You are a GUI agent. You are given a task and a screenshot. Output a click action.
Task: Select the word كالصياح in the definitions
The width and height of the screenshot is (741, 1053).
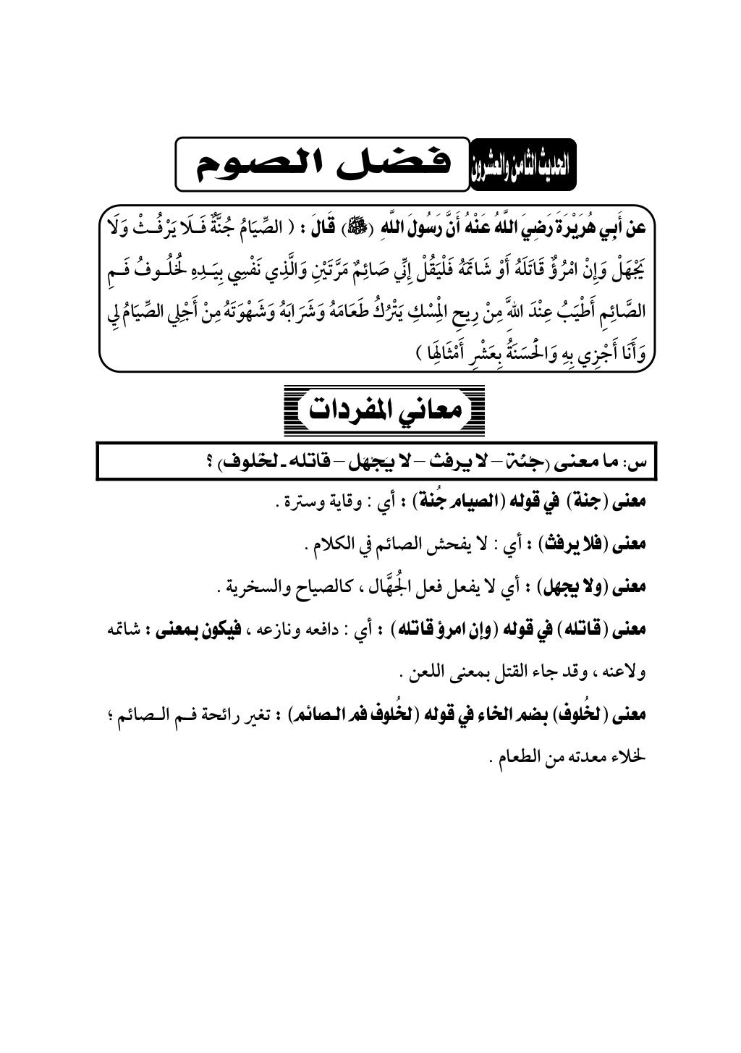[321, 588]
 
